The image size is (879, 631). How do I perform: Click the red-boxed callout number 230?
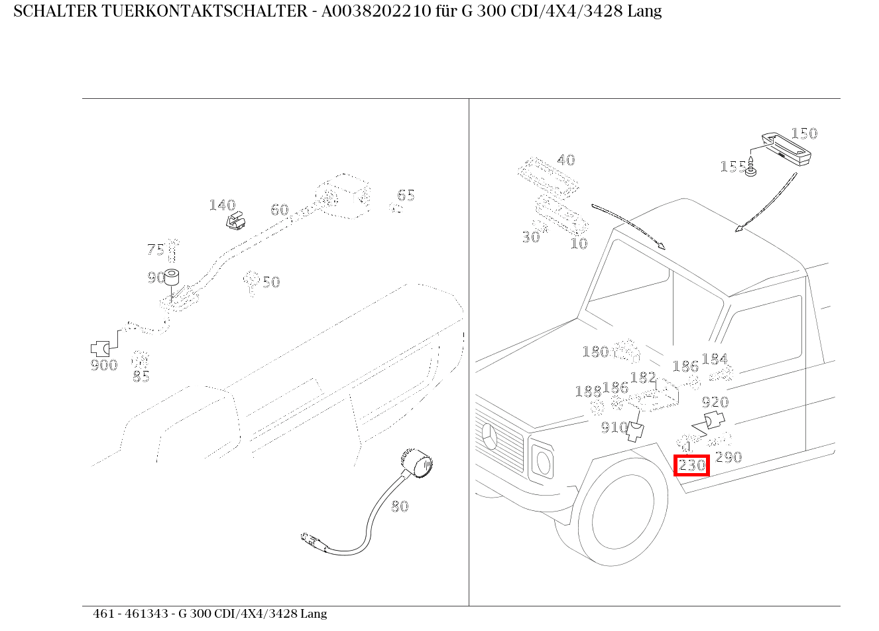692,466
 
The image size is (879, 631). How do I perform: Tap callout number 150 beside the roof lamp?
804,133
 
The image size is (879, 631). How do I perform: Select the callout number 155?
732,166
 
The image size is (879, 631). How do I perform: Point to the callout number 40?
565,160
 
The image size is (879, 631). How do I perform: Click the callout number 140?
222,205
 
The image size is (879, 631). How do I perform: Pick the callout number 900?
104,365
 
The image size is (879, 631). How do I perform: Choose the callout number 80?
400,506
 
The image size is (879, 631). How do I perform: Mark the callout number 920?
715,402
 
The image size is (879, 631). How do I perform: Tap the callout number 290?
729,457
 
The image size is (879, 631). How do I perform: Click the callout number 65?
406,195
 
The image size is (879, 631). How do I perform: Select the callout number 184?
715,359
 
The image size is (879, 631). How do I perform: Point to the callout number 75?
156,249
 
